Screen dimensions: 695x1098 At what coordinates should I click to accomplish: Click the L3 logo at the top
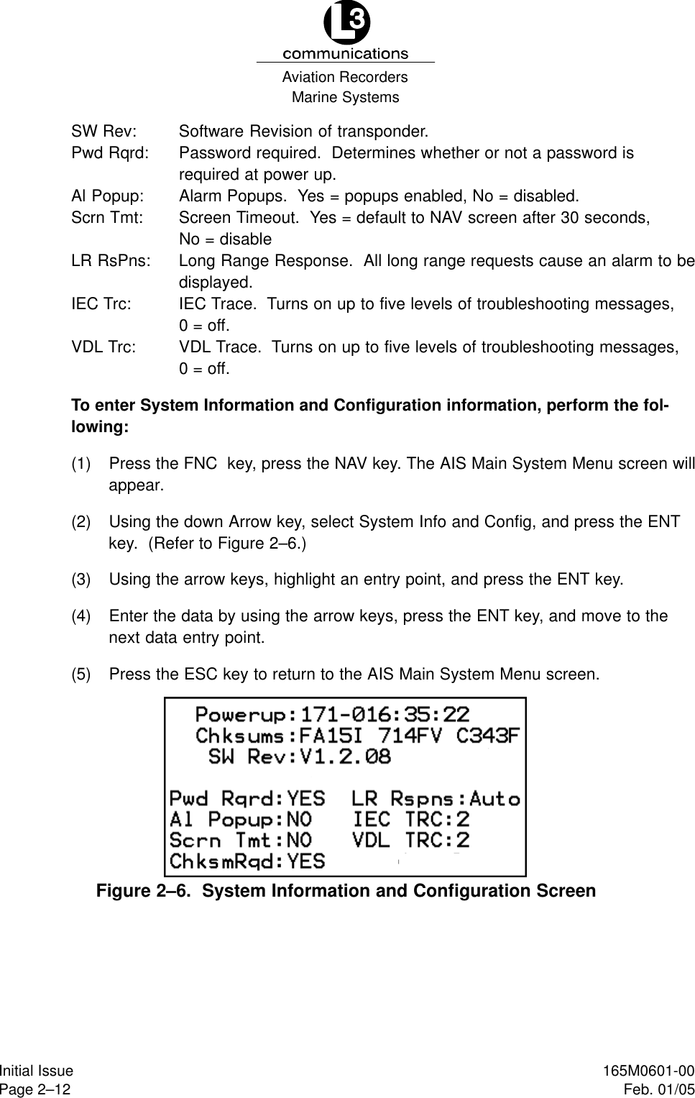[x=346, y=23]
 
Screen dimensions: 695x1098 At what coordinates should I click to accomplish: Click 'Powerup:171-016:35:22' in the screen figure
[x=332, y=715]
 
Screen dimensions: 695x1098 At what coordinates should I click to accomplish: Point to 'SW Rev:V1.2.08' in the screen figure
[x=299, y=756]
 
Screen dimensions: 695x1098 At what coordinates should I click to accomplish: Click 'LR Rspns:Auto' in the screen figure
[x=436, y=798]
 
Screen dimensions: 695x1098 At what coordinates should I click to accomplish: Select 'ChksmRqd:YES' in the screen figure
[x=247, y=861]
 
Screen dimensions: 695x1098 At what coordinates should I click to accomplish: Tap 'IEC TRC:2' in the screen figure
[x=410, y=819]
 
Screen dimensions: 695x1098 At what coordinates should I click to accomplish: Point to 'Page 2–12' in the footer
[x=36, y=1089]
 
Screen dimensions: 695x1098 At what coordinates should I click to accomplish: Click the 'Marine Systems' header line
[x=346, y=97]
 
